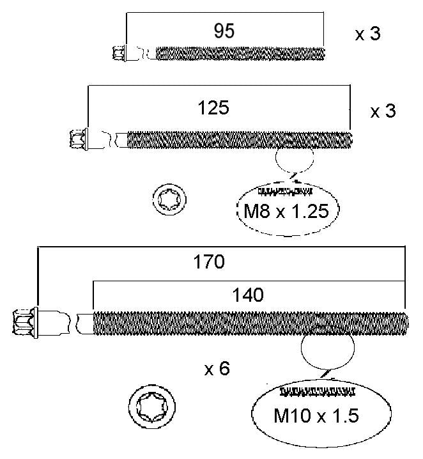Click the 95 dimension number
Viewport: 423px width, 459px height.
224,31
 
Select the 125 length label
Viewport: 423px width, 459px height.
213,108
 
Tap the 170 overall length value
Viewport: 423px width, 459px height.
209,261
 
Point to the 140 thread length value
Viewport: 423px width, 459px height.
248,295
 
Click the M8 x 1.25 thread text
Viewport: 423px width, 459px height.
286,211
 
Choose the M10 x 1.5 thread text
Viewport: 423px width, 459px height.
316,416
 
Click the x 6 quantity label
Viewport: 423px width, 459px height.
217,369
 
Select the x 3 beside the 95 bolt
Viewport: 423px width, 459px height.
367,34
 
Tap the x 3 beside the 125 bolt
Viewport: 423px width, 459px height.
383,111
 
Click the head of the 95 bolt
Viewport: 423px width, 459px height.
119,53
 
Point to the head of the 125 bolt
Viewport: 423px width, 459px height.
79,139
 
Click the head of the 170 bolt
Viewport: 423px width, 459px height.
26,323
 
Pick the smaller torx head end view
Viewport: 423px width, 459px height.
169,200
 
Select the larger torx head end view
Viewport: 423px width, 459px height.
152,407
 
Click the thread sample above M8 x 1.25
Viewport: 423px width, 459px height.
285,192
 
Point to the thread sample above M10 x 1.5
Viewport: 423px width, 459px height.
318,391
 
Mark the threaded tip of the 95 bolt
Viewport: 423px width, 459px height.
322,54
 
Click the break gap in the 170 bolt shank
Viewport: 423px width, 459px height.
73,323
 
